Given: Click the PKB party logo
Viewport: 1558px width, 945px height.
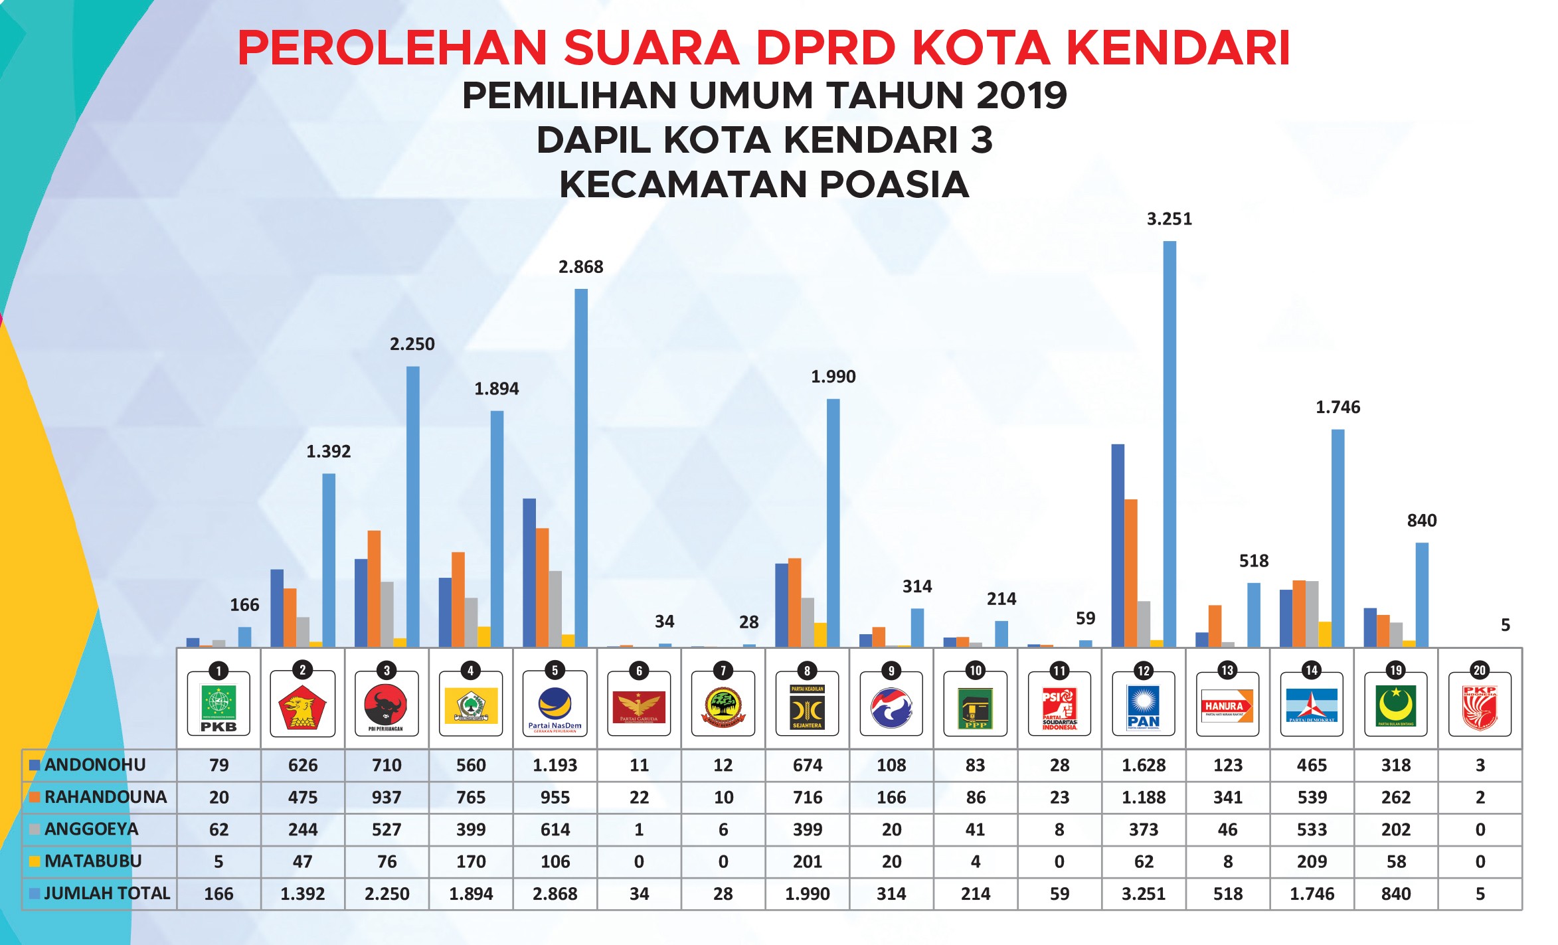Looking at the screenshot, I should (218, 705).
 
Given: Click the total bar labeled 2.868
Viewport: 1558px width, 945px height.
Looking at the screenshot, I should (581, 468).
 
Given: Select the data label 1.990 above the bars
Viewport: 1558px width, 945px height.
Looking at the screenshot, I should (833, 377).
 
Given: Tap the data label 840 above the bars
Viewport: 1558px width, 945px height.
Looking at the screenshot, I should (1422, 521).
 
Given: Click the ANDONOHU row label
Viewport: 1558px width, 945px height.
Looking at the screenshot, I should (95, 765).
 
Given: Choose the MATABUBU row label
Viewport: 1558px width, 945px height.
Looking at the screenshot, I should (93, 861).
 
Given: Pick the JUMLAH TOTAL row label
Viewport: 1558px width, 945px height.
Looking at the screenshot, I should (107, 893).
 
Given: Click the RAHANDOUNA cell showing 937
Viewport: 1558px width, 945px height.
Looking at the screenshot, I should (387, 797).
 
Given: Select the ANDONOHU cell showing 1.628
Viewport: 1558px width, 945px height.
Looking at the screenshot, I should (1144, 765).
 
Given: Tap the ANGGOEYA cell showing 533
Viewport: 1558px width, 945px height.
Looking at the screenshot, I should (1312, 829).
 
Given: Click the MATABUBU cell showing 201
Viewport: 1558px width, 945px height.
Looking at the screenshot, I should (808, 861).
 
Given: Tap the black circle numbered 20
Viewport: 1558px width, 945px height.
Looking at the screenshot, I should (1480, 670).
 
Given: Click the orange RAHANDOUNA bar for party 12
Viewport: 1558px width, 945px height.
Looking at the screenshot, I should (1131, 572).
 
